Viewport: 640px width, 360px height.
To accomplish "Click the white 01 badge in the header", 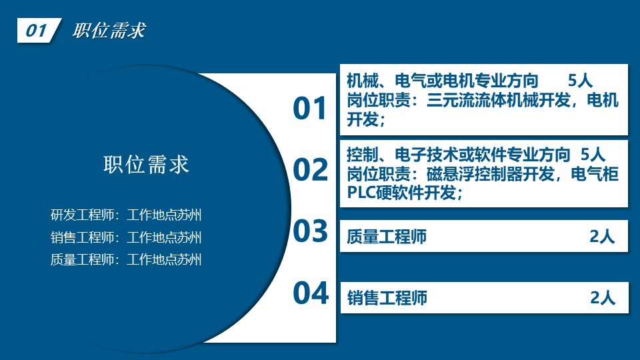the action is (x=39, y=30).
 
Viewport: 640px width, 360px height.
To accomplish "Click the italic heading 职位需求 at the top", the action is (x=109, y=31).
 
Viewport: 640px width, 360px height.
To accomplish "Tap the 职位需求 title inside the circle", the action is (x=146, y=165).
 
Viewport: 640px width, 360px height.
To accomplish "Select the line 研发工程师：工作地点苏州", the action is (x=126, y=215).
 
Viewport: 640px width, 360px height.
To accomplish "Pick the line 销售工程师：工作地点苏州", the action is (x=126, y=237).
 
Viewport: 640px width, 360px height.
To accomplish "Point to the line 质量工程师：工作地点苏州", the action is (x=126, y=259).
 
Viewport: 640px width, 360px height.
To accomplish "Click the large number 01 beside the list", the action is (x=310, y=109).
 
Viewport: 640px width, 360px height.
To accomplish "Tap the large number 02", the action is (x=311, y=170).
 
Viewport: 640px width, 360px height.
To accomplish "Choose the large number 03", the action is (x=311, y=231).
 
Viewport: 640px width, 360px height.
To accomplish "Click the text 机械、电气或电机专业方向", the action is (x=443, y=81).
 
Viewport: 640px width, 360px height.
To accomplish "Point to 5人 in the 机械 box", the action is (x=580, y=81).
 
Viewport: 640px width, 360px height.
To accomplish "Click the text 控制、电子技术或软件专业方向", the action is (x=459, y=155).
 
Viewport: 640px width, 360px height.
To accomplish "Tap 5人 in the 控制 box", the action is (x=593, y=155).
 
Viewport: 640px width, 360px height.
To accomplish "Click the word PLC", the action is (x=361, y=192).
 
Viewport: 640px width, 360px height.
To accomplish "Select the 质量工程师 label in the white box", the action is (x=387, y=236).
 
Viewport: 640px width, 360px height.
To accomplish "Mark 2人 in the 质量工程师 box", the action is (x=602, y=236).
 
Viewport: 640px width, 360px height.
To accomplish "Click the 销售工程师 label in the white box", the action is (x=387, y=298).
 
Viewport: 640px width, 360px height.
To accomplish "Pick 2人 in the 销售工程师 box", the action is (x=603, y=298).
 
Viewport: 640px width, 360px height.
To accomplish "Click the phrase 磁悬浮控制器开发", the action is (x=490, y=174).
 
